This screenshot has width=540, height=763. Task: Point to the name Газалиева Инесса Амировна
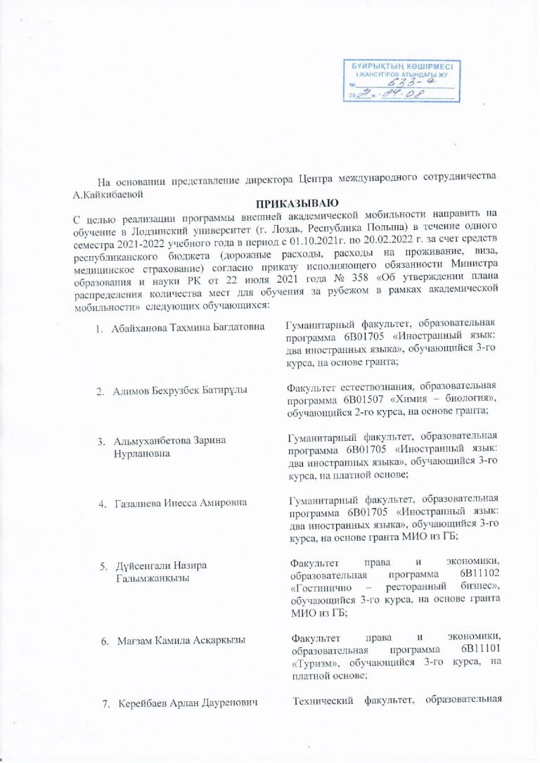[x=181, y=504]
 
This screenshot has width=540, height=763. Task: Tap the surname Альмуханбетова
[x=150, y=441]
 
